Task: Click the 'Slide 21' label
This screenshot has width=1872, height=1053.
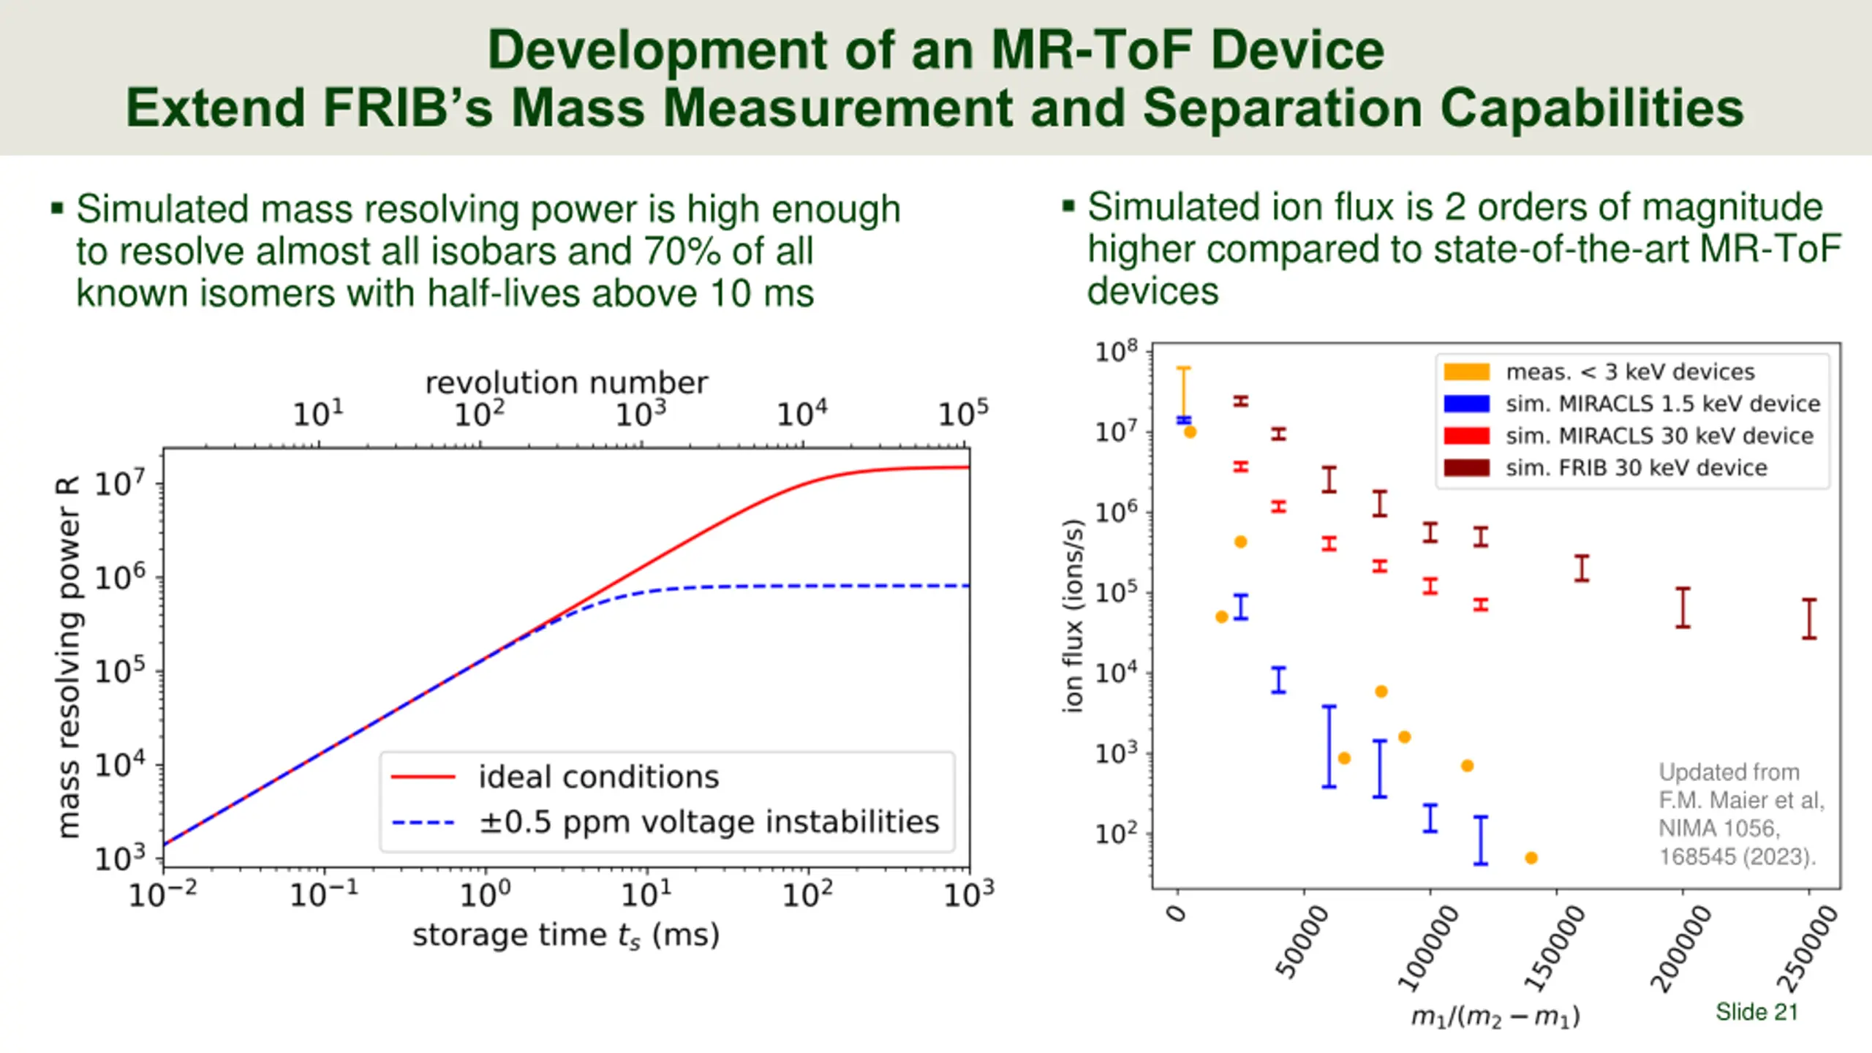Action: click(x=1756, y=1012)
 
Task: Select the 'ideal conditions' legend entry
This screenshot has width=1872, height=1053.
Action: click(x=598, y=777)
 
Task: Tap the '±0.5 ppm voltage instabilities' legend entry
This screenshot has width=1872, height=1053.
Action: click(x=708, y=822)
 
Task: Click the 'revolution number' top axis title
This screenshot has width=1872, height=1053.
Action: click(x=567, y=382)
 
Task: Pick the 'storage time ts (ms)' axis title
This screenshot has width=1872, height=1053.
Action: click(x=566, y=935)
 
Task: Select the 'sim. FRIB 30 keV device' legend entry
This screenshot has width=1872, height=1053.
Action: click(x=1636, y=468)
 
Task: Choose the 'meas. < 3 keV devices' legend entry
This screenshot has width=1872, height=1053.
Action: click(x=1630, y=372)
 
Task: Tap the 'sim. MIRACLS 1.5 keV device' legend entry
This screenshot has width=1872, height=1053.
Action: click(x=1661, y=404)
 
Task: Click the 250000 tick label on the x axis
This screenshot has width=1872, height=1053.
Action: click(x=1808, y=948)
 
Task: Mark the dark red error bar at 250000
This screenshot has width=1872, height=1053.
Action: click(x=1809, y=619)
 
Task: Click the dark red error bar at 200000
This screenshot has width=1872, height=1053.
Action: click(x=1683, y=608)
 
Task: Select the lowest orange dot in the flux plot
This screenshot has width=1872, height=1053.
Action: click(x=1531, y=858)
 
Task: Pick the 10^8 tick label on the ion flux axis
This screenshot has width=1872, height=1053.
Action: click(x=1116, y=352)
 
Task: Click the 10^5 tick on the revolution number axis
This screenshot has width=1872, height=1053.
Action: click(x=963, y=414)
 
